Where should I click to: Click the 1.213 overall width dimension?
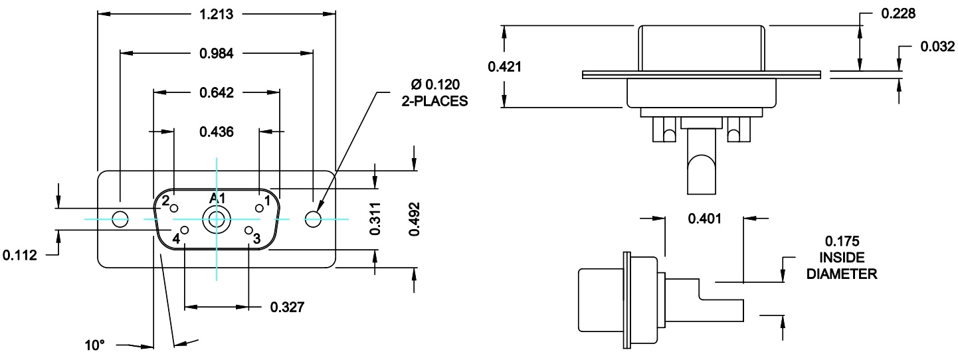coord(217,13)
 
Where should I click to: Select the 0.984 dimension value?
coord(217,54)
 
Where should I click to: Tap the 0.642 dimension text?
coord(217,93)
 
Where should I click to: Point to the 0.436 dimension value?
coord(217,132)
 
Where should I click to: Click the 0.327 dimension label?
coord(287,307)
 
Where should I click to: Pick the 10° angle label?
coord(95,345)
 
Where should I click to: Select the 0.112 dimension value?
coord(20,254)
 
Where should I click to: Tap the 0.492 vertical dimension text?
coord(415,219)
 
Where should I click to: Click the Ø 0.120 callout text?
coord(436,84)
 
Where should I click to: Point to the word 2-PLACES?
coord(436,102)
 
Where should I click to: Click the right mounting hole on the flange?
coord(313,219)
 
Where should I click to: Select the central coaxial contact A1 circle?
coord(217,219)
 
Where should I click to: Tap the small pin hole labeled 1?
coord(259,209)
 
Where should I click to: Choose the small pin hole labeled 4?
coord(185,230)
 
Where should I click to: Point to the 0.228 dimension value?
coord(898,14)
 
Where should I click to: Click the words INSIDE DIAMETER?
coord(841,265)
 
